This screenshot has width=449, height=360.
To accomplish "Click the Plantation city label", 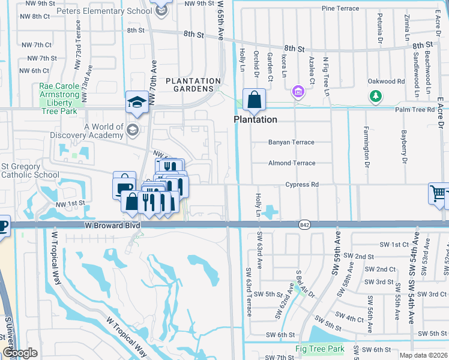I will [255, 119].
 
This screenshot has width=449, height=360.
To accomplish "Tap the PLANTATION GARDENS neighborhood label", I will [193, 86].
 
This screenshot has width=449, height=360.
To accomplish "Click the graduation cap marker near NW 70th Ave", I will [137, 103].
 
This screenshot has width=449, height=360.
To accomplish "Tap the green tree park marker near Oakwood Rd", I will [376, 96].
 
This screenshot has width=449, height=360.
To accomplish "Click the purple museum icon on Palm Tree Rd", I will [297, 92].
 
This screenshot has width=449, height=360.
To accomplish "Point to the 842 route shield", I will [303, 224].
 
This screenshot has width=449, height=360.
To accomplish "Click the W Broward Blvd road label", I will [113, 224].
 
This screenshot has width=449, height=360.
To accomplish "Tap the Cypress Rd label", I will [301, 185].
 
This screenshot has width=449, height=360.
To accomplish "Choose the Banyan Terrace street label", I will [291, 143].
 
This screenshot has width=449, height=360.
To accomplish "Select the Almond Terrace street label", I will [291, 163].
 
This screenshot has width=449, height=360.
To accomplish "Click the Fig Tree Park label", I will [319, 349].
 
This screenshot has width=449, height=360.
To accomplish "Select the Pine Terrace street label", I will [340, 8].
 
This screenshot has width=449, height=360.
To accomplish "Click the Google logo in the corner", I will [20, 353].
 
